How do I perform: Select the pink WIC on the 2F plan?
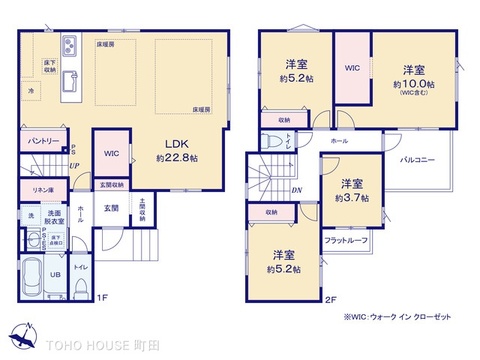[351, 70]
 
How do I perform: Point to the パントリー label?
[41, 142]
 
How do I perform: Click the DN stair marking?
[296, 191]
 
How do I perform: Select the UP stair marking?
[72, 164]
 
